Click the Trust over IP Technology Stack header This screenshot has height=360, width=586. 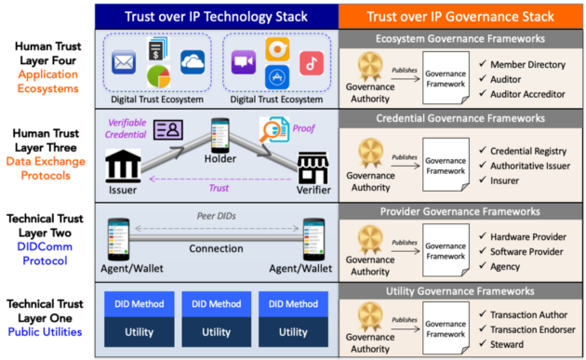217,16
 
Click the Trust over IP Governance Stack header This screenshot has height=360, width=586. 462,16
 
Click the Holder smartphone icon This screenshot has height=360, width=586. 220,136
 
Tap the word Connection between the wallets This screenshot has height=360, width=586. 216,248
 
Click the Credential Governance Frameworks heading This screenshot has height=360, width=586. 460,120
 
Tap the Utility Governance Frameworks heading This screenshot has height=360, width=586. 460,291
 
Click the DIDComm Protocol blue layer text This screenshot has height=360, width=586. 46,251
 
